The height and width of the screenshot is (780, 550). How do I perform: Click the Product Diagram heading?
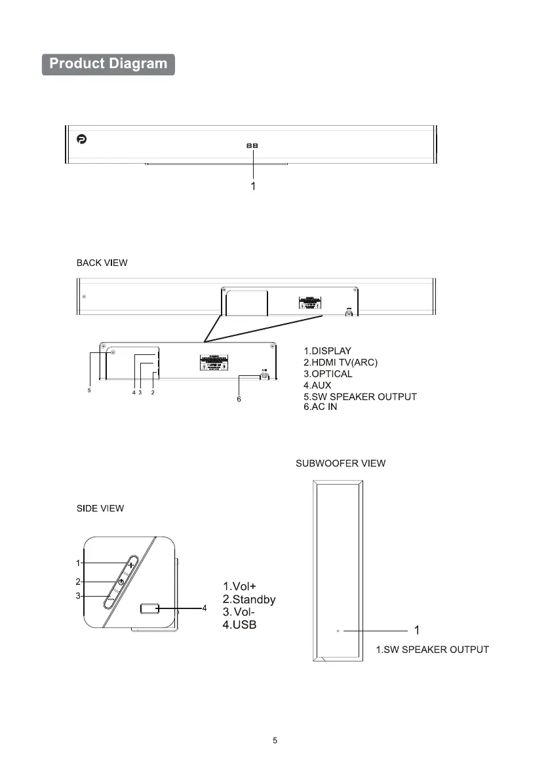[x=108, y=64]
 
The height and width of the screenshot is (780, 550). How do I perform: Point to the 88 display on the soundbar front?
[x=252, y=146]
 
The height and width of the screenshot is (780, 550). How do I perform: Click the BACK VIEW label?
[x=100, y=263]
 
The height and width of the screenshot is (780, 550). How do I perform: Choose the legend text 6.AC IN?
[x=321, y=407]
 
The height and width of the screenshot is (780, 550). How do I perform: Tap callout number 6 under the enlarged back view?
[x=239, y=398]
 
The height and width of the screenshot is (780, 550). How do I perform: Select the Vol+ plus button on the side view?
[x=131, y=564]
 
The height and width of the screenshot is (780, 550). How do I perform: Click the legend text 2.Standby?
[x=249, y=599]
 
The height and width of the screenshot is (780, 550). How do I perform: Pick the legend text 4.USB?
[x=240, y=625]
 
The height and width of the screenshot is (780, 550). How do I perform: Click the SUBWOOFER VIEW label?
[x=339, y=464]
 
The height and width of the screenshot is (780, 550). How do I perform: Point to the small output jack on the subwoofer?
[x=338, y=631]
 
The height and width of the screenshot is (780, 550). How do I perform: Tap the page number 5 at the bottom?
[x=275, y=741]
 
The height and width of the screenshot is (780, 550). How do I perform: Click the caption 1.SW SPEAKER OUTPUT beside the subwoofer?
[x=432, y=650]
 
